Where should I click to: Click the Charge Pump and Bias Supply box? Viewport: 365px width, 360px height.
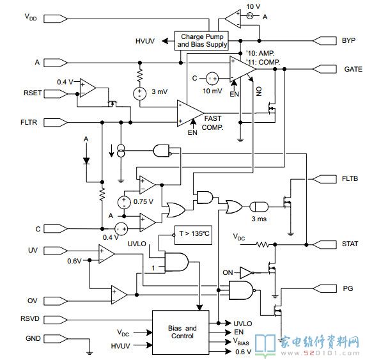pos(201,41)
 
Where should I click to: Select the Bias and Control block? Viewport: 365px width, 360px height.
pos(181,333)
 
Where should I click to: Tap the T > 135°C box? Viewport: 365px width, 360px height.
pos(193,235)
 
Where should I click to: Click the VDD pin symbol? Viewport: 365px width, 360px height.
pos(56,19)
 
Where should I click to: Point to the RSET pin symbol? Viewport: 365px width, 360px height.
pos(56,94)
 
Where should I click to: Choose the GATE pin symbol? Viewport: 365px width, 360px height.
pos(325,69)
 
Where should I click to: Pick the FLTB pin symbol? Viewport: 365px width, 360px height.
pos(325,179)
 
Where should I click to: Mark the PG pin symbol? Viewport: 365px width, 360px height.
pos(325,289)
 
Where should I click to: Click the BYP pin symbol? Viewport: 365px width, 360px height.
pos(325,41)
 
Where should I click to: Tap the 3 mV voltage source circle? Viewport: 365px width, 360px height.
pos(139,93)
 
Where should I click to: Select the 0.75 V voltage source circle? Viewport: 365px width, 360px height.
pos(124,202)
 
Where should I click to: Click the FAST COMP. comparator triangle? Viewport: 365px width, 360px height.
pos(190,113)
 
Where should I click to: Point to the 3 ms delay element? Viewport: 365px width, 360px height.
pos(259,207)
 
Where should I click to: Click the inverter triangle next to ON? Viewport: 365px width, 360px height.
pos(246,272)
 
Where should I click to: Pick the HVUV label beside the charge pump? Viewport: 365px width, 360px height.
pos(145,41)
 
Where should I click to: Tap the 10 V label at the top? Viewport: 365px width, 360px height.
pos(253,6)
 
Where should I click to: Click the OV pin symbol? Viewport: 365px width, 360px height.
pos(56,301)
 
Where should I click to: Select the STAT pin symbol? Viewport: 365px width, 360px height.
pos(325,245)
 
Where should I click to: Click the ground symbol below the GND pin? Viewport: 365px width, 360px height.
pos(89,352)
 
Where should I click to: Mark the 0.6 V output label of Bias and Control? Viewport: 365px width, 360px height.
pos(244,352)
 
